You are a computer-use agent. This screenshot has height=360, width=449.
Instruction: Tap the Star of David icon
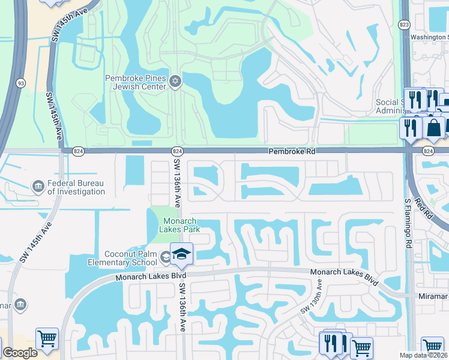[x=175, y=82]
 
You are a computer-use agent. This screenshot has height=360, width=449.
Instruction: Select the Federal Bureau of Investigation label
[x=76, y=188]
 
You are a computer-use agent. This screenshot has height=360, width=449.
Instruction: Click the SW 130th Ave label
[x=312, y=298]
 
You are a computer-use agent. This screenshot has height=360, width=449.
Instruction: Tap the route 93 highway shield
[x=21, y=83]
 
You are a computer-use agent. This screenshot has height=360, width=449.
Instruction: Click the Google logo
[x=19, y=353]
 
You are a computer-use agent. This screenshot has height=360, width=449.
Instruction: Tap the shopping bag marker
[x=433, y=128]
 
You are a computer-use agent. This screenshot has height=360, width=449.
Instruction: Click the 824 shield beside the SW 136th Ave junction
[x=177, y=151]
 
